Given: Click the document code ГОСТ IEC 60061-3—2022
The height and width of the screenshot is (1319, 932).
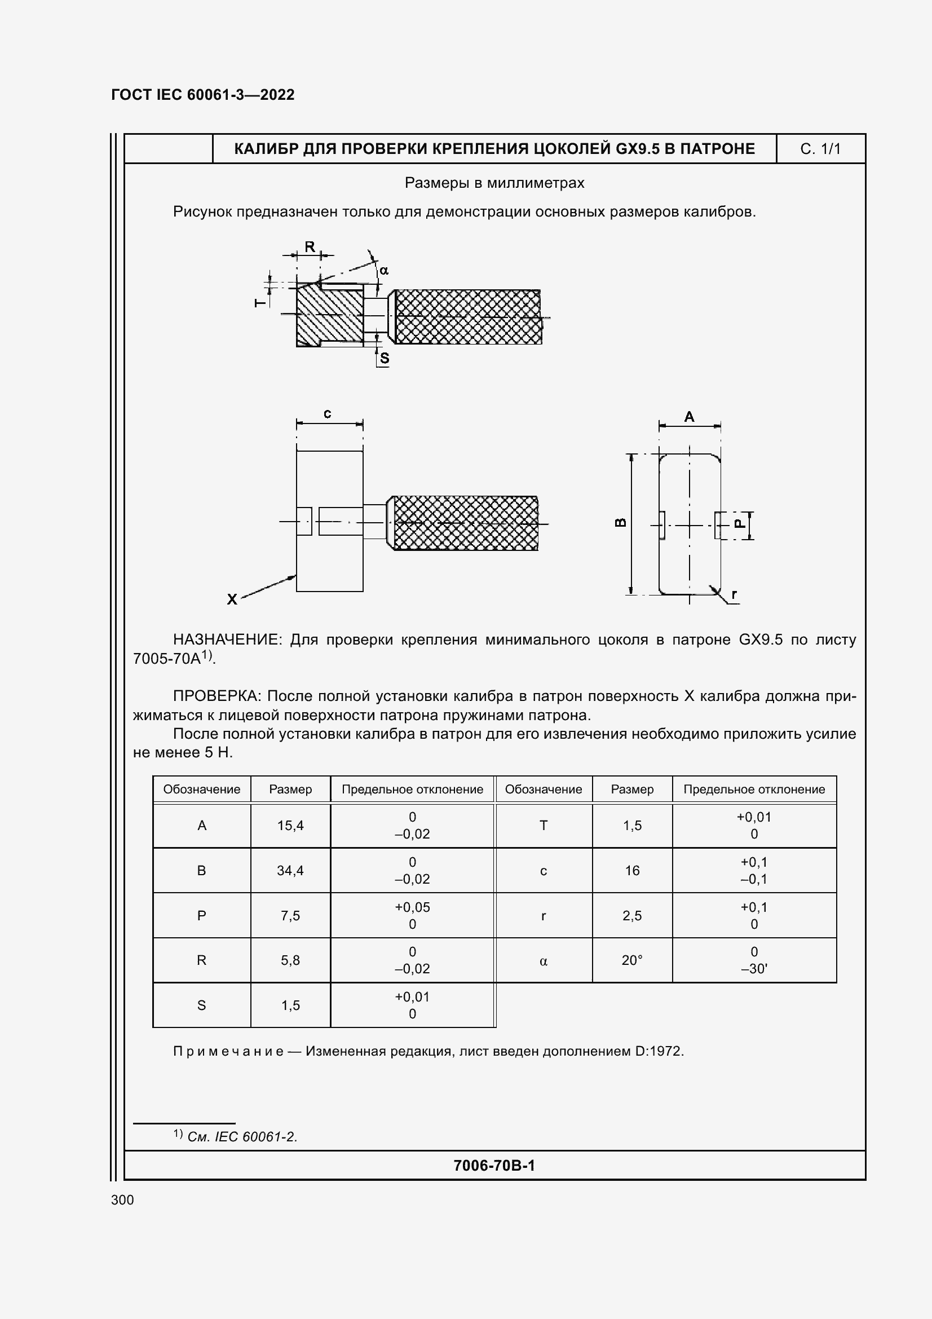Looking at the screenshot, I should tap(203, 95).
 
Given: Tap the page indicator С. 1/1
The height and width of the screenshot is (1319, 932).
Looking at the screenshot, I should tap(820, 149).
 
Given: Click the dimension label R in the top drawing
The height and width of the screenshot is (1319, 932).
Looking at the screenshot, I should tap(310, 247).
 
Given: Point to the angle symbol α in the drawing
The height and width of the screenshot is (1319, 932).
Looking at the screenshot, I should tap(384, 270).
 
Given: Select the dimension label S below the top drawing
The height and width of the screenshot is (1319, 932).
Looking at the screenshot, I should tap(385, 358).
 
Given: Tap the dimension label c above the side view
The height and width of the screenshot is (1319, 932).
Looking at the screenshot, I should tap(328, 413).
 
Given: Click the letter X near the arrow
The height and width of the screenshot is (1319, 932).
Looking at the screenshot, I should tap(232, 599).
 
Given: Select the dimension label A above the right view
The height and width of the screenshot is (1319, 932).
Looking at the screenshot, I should tap(689, 417).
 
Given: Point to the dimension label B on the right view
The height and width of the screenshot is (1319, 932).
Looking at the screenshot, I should tap(621, 522).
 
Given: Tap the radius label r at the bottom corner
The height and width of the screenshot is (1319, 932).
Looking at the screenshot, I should tap(734, 594).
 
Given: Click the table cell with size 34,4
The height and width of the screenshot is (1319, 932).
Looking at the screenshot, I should tap(290, 870).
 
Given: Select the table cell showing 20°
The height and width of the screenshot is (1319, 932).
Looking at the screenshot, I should tap(631, 960).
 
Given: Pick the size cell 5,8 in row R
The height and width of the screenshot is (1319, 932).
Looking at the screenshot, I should tap(290, 960).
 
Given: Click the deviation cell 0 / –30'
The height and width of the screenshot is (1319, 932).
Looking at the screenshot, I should tap(753, 960).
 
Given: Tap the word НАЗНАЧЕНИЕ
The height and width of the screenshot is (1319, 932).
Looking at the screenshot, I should tap(227, 639).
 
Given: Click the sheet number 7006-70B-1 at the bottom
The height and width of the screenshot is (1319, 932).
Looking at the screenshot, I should tap(494, 1165).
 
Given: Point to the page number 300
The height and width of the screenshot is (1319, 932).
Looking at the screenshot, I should tap(122, 1199).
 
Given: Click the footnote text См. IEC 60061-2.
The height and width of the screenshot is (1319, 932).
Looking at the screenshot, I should tap(242, 1136).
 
